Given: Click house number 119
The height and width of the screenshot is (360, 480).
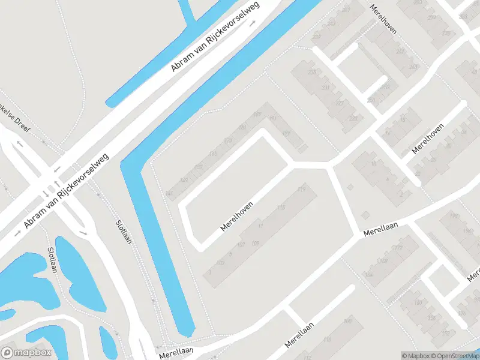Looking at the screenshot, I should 301,190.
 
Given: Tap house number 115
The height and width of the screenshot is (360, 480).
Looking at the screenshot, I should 281,208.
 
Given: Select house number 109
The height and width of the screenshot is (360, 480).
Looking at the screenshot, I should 255,243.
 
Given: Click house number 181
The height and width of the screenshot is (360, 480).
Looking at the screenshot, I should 286,133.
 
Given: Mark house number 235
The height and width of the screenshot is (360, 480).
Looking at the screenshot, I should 311,73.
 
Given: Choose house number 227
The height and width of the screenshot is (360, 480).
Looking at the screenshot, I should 339,103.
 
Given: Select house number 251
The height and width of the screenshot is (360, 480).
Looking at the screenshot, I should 371,100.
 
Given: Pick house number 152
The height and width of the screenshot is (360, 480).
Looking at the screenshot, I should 445,333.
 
